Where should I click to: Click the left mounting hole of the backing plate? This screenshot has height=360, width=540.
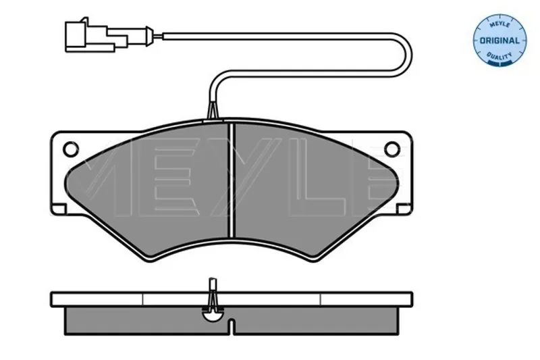71,149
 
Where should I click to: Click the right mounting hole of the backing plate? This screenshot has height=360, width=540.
392,149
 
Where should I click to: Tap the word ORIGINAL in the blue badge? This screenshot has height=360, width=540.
500,41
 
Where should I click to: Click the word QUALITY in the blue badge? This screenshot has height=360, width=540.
500,55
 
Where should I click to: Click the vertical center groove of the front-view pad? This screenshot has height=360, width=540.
232,180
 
